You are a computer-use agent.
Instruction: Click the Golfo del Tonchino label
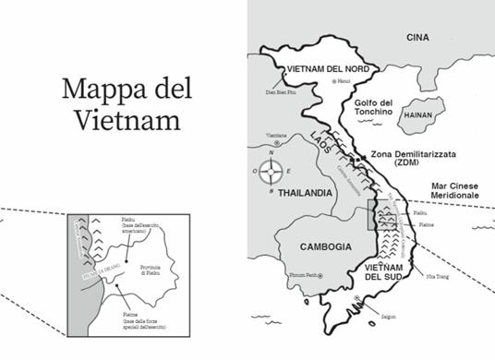point(373,106)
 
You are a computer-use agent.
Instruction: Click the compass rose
point(272,171)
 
